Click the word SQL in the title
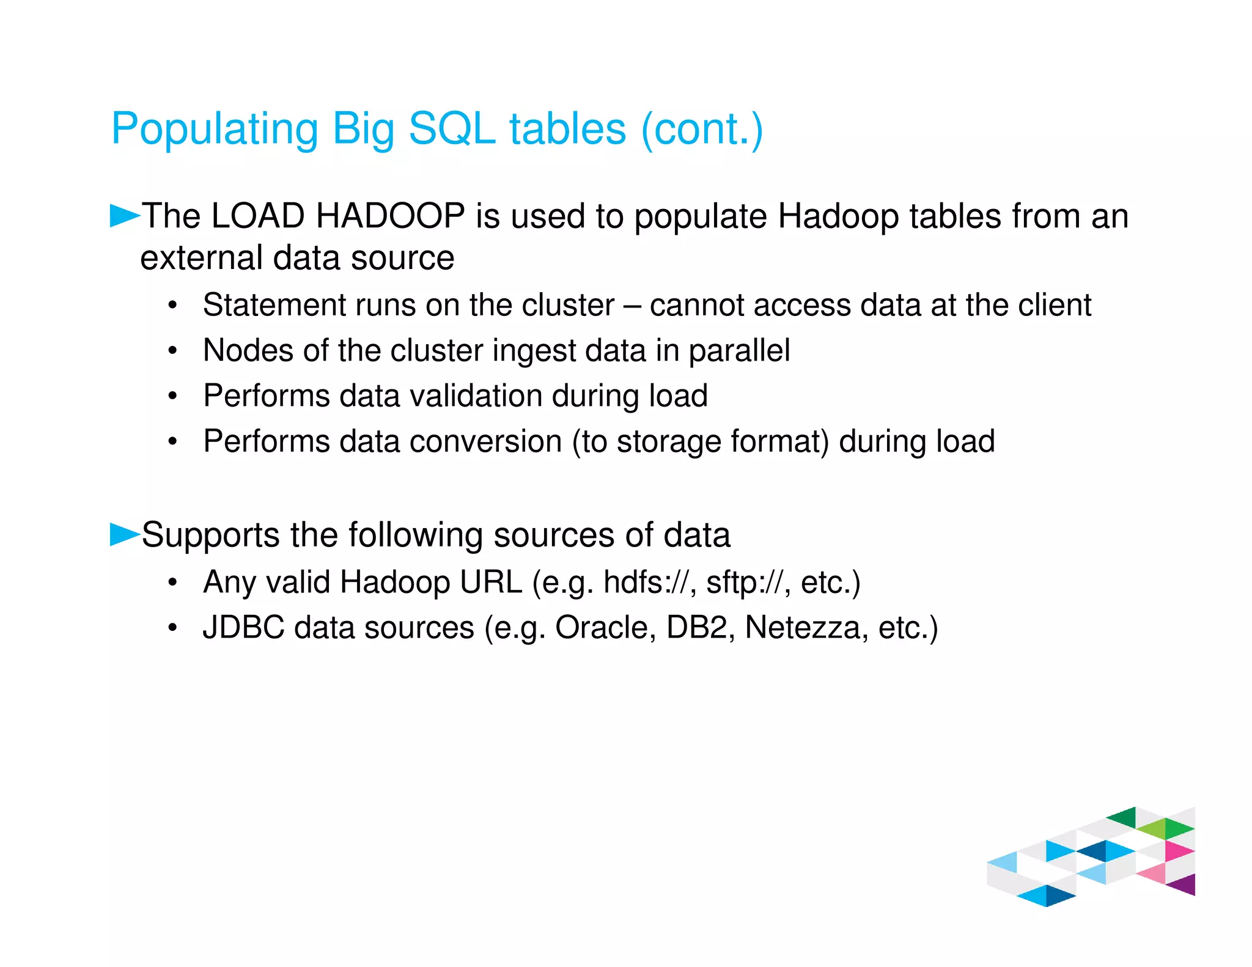click(451, 129)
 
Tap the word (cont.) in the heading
click(702, 129)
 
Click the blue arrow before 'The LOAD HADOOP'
click(124, 216)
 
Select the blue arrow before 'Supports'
click(124, 534)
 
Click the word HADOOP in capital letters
click(390, 216)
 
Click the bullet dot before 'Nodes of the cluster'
click(173, 351)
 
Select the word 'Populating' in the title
click(214, 129)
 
